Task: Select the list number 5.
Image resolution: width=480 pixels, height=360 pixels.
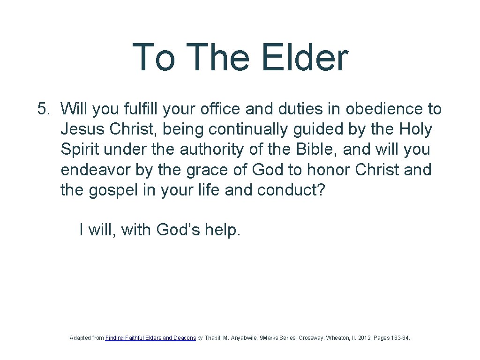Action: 43,109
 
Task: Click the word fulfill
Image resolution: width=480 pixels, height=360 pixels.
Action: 143,109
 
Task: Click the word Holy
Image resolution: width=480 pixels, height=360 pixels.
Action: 416,129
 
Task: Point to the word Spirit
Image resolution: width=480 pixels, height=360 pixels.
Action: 80,150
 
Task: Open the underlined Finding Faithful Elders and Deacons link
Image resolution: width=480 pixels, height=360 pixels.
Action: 150,337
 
